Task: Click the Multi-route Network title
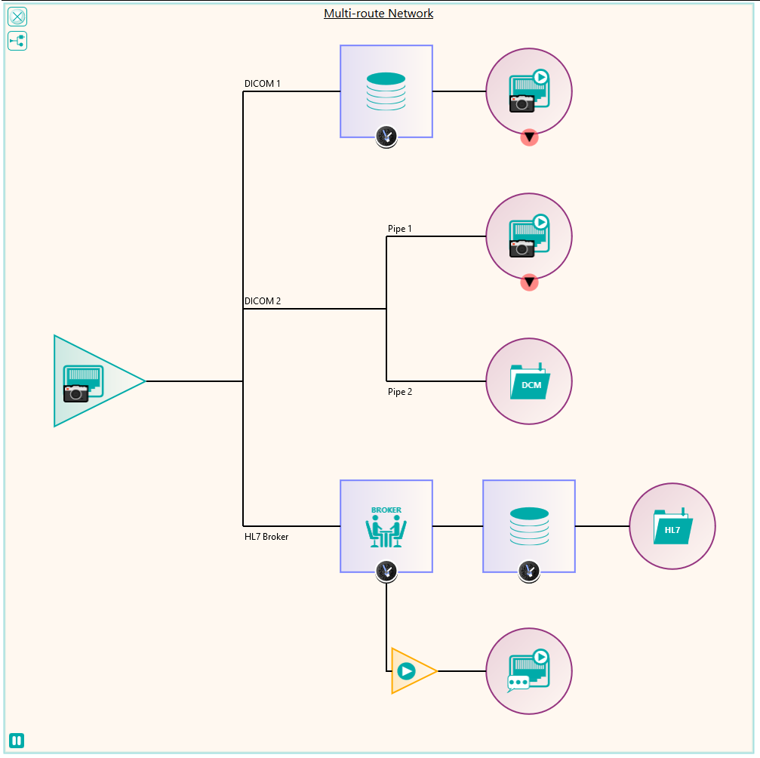click(378, 14)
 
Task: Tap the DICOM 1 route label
click(262, 83)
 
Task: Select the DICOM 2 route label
click(262, 301)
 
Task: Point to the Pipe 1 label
click(399, 229)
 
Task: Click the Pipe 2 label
click(400, 392)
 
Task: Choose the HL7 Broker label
click(266, 536)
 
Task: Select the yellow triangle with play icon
click(411, 671)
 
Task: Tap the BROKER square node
click(386, 526)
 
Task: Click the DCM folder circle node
click(529, 381)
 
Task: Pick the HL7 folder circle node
click(672, 526)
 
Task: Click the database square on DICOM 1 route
click(386, 91)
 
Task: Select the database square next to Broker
click(529, 526)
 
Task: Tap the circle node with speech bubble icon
click(529, 671)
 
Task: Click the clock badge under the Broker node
click(386, 572)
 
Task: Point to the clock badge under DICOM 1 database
click(386, 137)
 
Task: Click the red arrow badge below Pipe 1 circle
click(529, 282)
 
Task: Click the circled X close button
click(17, 17)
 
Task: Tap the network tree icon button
click(17, 41)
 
